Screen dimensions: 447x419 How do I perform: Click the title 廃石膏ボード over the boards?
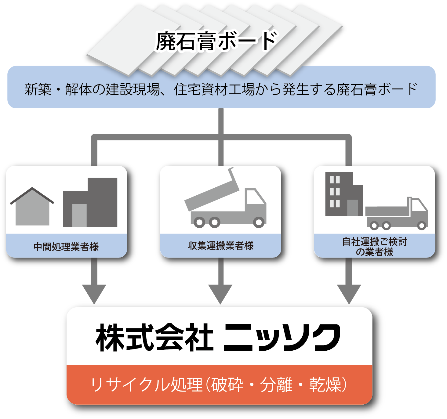(x=216, y=42)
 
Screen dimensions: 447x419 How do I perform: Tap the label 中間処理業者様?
(x=66, y=247)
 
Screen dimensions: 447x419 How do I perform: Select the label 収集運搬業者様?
(x=221, y=246)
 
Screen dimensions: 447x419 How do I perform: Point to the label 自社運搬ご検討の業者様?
(x=375, y=247)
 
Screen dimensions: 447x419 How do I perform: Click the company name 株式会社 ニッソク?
(x=218, y=338)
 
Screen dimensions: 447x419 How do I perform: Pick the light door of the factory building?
(x=79, y=215)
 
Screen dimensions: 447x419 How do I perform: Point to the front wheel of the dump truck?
(x=259, y=222)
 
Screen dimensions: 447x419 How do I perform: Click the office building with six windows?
(x=344, y=194)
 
